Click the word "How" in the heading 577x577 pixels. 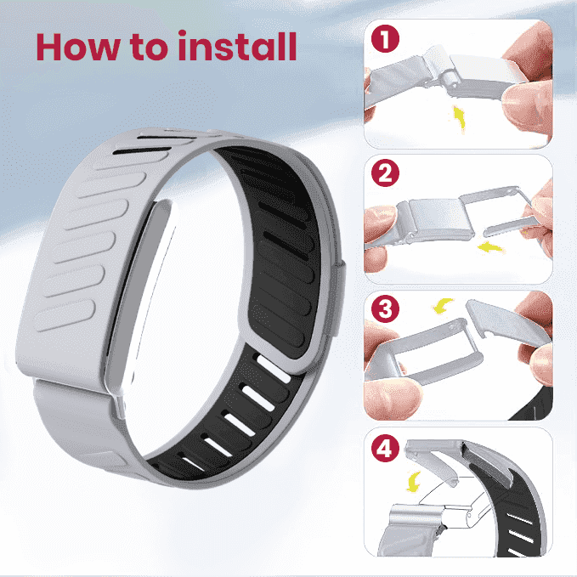point(78,47)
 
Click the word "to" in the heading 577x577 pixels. point(149,48)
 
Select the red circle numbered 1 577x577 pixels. point(385,38)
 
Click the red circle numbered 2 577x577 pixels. point(385,173)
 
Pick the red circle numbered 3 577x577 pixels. point(385,308)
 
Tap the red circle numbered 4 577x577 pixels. point(385,448)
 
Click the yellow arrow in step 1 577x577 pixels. point(459,118)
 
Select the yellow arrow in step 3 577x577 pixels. point(442,306)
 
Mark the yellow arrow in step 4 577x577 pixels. point(413,482)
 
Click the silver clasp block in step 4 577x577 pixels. point(416,516)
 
